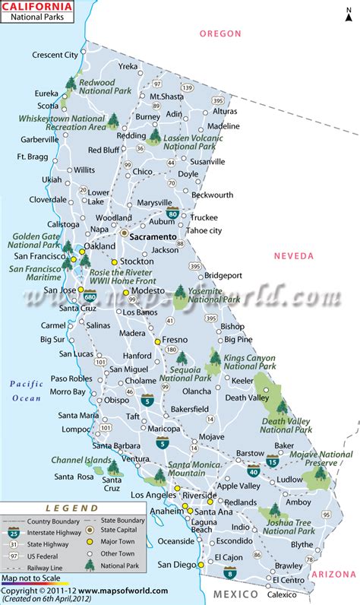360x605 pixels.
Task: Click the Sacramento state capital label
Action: (x=153, y=236)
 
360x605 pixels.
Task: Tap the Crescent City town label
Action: (x=55, y=55)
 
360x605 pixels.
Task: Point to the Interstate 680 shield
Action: (x=90, y=292)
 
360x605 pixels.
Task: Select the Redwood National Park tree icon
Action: (x=70, y=83)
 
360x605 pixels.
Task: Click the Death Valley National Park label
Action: (x=286, y=424)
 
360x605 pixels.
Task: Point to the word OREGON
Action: (x=220, y=33)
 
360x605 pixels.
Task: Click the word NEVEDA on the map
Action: (x=294, y=256)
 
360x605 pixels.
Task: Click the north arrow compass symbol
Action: (x=343, y=17)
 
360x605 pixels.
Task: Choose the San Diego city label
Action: (x=175, y=565)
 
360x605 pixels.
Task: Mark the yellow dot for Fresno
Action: (x=158, y=342)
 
